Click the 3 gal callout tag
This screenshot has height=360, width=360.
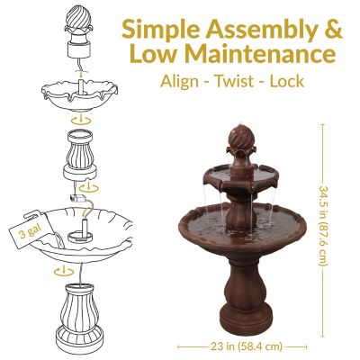24,237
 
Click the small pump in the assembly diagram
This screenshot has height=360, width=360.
76,194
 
